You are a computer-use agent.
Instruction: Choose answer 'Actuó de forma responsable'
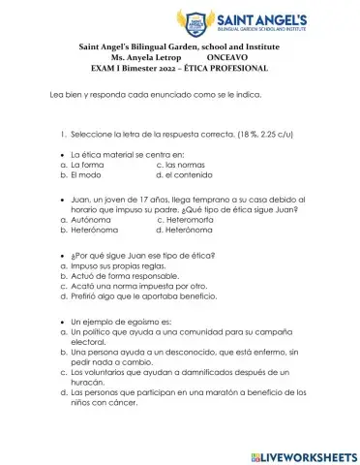click(x=126, y=275)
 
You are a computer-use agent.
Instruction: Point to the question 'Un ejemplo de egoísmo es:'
click(x=120, y=320)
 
